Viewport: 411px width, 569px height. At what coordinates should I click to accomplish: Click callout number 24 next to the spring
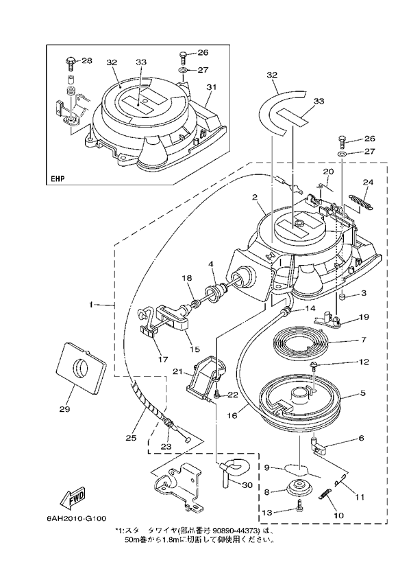coord(368,183)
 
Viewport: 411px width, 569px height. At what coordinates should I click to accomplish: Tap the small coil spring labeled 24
coord(360,200)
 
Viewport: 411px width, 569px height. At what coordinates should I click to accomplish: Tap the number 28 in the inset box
coord(86,60)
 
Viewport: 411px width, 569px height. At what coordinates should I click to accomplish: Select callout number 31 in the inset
coord(212,86)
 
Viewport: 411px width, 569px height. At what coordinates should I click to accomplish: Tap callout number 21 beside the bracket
coord(177,372)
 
